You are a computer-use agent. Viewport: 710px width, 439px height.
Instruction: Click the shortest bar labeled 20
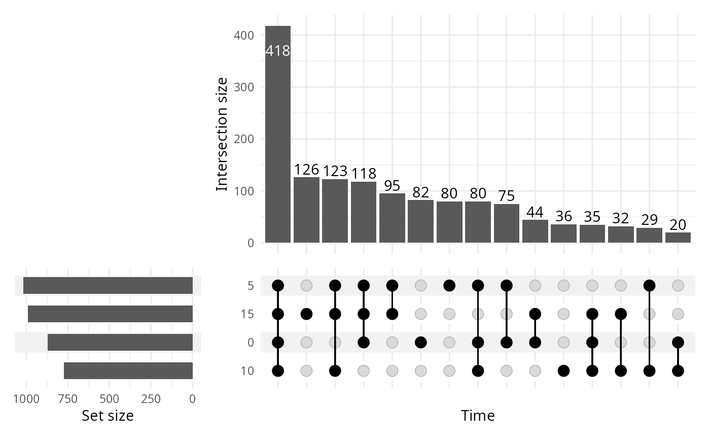678,238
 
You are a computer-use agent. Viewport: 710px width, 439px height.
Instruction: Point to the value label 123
335,171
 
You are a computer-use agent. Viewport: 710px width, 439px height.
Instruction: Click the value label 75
506,196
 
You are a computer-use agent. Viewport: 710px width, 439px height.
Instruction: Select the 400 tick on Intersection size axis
246,36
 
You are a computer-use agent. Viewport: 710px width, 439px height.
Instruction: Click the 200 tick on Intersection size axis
246,139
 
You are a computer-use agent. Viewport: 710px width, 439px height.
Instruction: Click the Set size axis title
108,416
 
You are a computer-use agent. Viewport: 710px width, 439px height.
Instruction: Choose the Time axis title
478,416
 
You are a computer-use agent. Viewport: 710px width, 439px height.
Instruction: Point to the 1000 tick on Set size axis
26,399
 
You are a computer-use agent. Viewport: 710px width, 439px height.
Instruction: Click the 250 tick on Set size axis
151,399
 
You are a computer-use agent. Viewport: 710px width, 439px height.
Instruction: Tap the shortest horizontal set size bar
128,371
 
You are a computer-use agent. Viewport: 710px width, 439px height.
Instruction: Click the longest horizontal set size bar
108,286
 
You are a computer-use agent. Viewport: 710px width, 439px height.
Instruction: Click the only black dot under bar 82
420,343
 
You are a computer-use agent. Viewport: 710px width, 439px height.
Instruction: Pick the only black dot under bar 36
563,371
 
